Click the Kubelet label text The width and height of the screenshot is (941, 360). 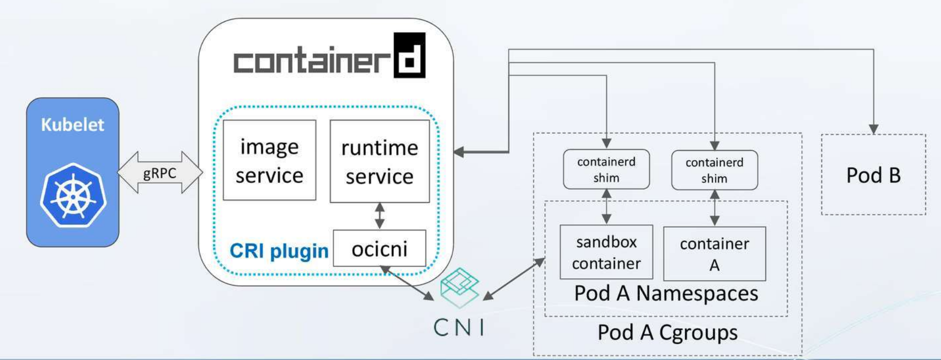(x=72, y=125)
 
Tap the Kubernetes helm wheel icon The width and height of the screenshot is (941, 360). (x=73, y=196)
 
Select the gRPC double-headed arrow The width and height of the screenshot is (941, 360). (x=160, y=173)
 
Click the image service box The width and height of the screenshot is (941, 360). (x=269, y=160)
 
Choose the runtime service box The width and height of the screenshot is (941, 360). (x=379, y=161)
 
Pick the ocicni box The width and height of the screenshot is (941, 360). (x=379, y=249)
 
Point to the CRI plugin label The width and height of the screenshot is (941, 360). (x=279, y=251)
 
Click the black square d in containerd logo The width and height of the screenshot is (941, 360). (x=409, y=55)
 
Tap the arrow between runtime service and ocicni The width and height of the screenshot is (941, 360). (x=379, y=216)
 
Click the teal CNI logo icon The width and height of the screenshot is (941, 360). (x=460, y=288)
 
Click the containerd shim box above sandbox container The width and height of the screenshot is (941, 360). (x=606, y=170)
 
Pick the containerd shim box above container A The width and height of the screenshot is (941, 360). (x=714, y=170)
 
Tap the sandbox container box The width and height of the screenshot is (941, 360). (x=606, y=252)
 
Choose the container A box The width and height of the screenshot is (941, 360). (x=714, y=254)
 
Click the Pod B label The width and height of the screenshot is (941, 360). (x=873, y=175)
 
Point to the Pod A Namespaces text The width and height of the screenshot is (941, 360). (x=666, y=293)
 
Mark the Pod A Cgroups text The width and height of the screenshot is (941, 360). (x=667, y=332)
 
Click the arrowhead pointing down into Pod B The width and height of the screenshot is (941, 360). (x=874, y=129)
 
